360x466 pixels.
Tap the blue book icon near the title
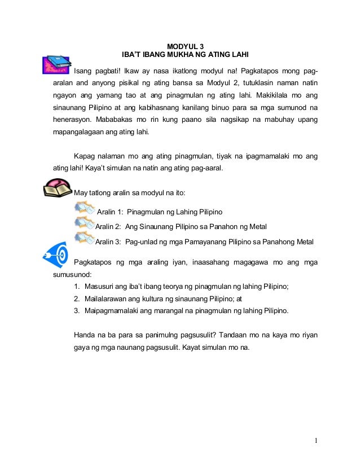click(x=56, y=64)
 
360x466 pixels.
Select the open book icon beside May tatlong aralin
click(x=58, y=188)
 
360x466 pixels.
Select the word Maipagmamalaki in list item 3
click(x=111, y=310)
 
